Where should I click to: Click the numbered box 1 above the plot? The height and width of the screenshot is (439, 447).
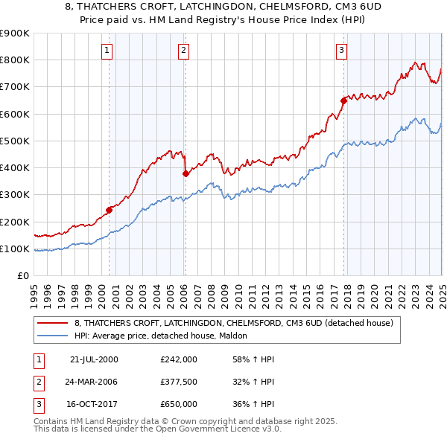[x=107, y=51]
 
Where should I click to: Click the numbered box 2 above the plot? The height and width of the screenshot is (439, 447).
[x=183, y=51]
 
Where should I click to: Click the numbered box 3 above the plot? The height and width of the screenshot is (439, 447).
[x=341, y=51]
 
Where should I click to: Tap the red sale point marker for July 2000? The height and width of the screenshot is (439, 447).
[x=109, y=210]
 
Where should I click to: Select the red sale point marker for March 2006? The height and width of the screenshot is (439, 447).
[x=186, y=173]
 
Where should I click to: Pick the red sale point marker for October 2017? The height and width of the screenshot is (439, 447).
[x=343, y=100]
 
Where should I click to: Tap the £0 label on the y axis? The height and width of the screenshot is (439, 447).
[x=22, y=276]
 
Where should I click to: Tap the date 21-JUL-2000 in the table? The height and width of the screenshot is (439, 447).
[x=94, y=359]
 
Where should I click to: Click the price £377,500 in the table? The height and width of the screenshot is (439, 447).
[x=179, y=382]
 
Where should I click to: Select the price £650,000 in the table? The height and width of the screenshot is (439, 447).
[x=179, y=404]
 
